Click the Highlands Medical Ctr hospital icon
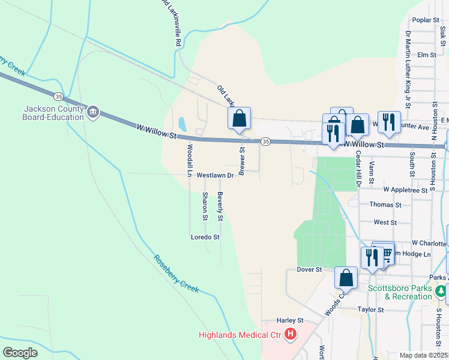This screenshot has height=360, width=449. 291,334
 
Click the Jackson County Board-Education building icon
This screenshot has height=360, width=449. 93,112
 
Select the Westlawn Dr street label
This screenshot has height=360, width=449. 214,175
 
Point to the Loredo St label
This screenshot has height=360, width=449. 205,237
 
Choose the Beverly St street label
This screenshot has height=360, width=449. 220,206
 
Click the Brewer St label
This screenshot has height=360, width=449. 243,161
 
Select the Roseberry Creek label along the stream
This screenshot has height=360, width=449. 176,274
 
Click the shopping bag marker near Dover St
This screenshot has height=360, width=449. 346,278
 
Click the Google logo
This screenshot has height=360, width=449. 20,352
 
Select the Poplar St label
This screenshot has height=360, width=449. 427,20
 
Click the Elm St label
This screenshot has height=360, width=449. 426,55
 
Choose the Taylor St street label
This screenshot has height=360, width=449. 370,310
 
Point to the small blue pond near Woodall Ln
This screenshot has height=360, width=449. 182,124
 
